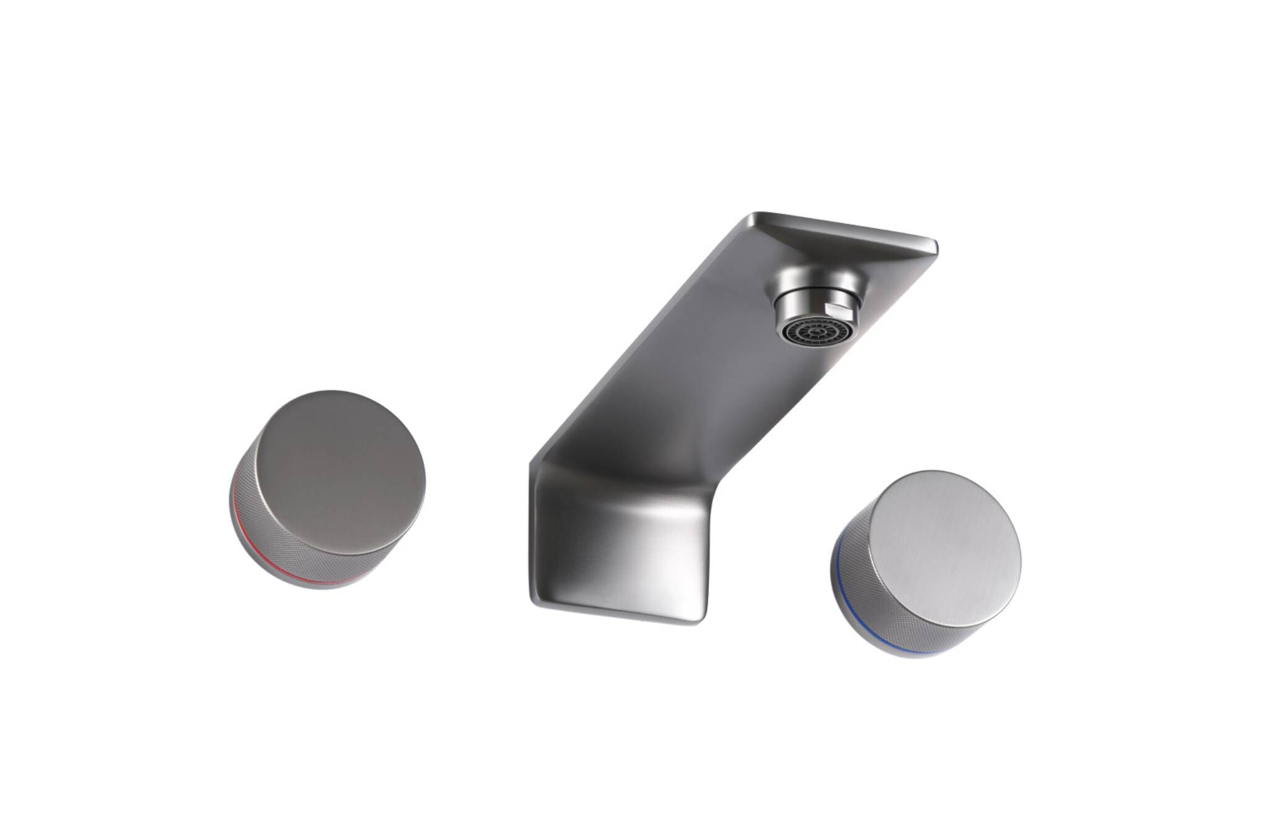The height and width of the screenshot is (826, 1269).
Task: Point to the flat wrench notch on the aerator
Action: pyautogui.click(x=838, y=309)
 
